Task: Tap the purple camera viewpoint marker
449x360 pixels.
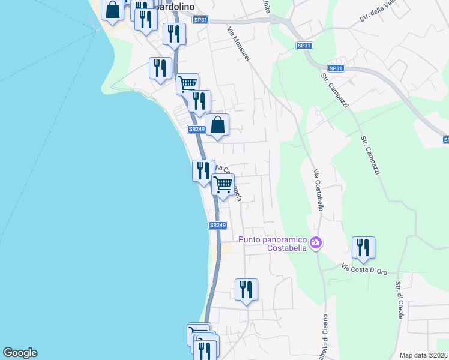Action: [x=316, y=243]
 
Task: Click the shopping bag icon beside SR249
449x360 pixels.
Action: [x=218, y=125]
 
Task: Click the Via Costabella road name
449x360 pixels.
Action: [x=318, y=190]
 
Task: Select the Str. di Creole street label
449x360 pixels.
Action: [x=399, y=300]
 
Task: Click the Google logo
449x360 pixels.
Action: [x=20, y=353]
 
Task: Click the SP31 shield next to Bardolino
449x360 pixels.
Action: [x=201, y=20]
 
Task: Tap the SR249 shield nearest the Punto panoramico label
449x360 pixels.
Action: [x=218, y=225]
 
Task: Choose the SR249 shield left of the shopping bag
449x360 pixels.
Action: [x=196, y=129]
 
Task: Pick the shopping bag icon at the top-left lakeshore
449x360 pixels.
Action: [x=112, y=10]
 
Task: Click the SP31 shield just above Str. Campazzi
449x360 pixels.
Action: [x=336, y=68]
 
